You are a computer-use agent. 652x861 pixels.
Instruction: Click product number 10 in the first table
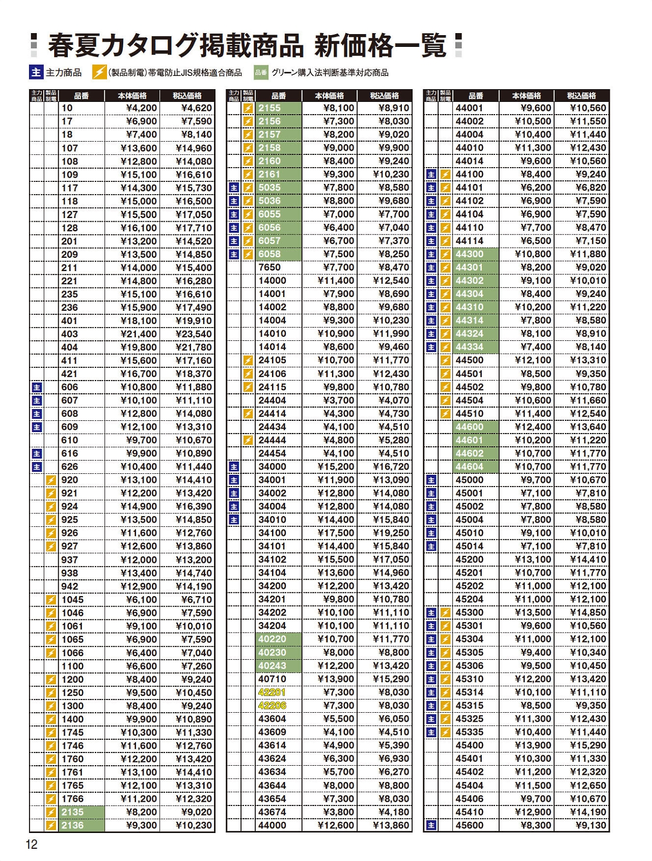click(67, 108)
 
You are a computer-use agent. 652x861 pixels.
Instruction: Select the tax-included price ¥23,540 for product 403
click(194, 334)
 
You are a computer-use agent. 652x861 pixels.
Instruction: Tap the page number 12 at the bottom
click(32, 845)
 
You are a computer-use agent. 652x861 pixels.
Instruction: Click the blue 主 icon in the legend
click(36, 72)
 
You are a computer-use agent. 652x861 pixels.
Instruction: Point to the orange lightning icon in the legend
click(99, 72)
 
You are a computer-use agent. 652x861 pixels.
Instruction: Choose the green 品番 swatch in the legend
click(261, 72)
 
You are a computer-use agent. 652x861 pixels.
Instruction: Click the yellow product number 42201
click(272, 692)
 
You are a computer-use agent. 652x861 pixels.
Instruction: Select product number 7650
click(269, 267)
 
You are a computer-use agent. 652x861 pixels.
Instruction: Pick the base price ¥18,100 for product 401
click(139, 321)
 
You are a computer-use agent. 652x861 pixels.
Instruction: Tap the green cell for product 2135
click(81, 812)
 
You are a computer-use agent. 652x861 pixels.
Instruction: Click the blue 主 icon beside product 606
click(37, 388)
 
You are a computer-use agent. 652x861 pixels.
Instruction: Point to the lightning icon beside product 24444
click(248, 440)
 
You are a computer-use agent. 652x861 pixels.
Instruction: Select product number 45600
click(469, 825)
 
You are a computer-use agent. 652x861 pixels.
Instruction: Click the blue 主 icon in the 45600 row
click(431, 825)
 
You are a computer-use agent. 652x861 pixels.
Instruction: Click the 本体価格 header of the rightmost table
click(526, 96)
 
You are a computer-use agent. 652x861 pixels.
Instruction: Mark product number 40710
click(272, 679)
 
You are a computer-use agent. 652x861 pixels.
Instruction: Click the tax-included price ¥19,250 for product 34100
click(391, 533)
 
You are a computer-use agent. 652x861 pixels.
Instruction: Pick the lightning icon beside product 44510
click(446, 414)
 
